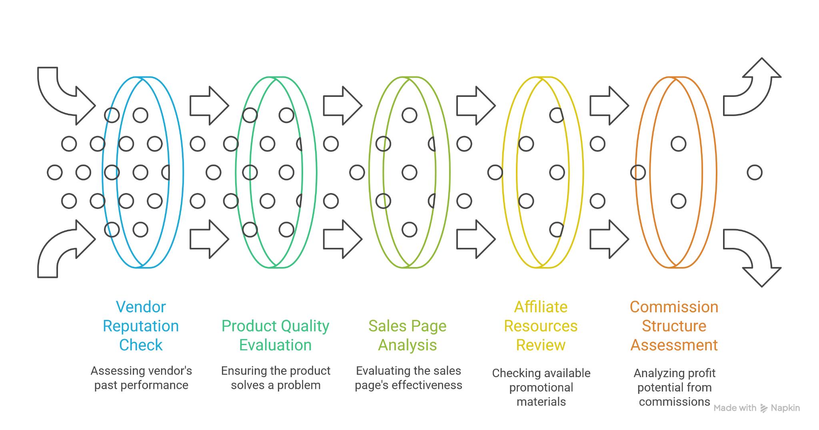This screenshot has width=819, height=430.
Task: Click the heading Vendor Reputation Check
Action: click(x=141, y=326)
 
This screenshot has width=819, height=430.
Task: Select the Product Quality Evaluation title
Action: click(x=276, y=336)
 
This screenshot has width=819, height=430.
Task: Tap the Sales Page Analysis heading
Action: click(x=408, y=336)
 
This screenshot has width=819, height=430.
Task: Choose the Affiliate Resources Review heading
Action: click(x=541, y=326)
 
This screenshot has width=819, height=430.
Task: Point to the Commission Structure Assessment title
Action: click(x=674, y=326)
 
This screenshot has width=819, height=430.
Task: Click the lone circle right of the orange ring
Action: click(x=755, y=173)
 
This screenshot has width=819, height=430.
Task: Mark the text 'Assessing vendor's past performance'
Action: click(x=141, y=378)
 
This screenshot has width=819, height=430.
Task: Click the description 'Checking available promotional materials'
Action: click(x=541, y=387)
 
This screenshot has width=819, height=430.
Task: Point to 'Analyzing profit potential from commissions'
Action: click(x=674, y=387)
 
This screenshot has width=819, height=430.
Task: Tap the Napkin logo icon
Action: click(x=764, y=408)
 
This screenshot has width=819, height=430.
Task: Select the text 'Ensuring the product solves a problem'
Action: click(x=276, y=378)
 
